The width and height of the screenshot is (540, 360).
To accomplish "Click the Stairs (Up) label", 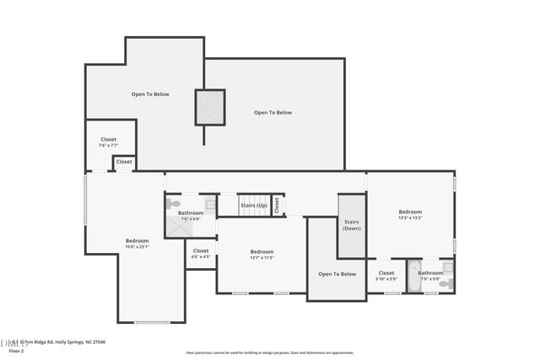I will (x=254, y=205).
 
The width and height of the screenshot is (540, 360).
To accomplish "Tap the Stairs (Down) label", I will (x=351, y=225).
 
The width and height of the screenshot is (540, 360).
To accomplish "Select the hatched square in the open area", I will (x=210, y=107).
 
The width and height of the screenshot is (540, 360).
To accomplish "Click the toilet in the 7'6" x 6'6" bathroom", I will (x=174, y=203).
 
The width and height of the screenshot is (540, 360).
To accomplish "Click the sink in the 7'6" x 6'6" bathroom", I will (x=210, y=203).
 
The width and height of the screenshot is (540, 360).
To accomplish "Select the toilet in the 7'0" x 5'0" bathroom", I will (x=443, y=284).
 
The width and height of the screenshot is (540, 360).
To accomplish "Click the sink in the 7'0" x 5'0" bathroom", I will (x=448, y=267).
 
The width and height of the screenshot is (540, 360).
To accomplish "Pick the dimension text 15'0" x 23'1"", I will (x=137, y=247).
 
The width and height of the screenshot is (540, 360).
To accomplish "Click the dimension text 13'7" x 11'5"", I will (x=262, y=258).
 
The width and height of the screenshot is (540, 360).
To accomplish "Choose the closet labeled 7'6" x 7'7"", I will (x=108, y=142).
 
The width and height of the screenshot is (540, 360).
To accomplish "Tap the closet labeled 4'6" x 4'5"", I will (x=201, y=253).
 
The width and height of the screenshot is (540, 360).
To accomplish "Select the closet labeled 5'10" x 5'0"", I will (x=386, y=276).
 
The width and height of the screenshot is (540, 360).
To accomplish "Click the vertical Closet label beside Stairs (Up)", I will (x=277, y=205).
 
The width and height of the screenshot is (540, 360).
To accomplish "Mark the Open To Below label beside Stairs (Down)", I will (x=337, y=274).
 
